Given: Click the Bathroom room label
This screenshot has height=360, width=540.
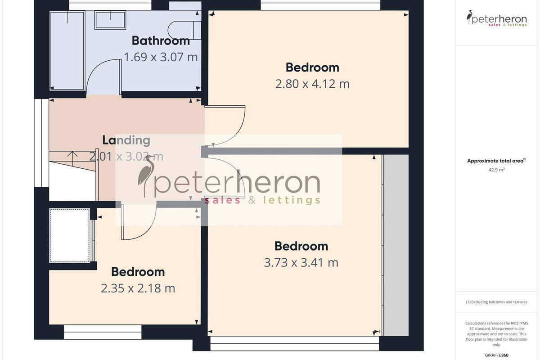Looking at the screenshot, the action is [161, 40].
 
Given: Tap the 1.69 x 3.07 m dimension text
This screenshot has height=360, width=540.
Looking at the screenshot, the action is [161, 57].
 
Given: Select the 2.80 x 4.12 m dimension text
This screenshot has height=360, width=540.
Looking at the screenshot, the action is [312, 84].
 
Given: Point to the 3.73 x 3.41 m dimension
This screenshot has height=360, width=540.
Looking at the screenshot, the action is [301, 263].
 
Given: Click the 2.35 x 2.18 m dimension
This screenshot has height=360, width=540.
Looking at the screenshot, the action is [138, 288].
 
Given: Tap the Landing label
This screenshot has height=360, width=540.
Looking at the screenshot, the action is [126, 140].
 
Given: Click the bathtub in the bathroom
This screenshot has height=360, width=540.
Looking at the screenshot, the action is [67, 51].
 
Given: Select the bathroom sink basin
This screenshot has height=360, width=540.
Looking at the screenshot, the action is [110, 20].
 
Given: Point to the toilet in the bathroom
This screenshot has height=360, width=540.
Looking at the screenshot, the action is [184, 30].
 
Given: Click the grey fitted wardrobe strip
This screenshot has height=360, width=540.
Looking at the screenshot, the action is [396, 245].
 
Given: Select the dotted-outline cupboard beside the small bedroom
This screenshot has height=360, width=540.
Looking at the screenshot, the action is [70, 235].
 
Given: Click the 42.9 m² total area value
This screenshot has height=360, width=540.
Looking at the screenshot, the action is [497, 170].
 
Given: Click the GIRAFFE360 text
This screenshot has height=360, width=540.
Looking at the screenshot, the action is [497, 355].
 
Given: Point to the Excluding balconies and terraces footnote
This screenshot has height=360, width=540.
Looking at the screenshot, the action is [497, 302].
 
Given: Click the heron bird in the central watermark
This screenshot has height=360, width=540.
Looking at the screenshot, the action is [146, 176].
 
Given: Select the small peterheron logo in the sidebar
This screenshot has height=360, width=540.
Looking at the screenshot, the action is [497, 18].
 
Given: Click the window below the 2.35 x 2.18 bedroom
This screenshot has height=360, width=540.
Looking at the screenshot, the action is [103, 332].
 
